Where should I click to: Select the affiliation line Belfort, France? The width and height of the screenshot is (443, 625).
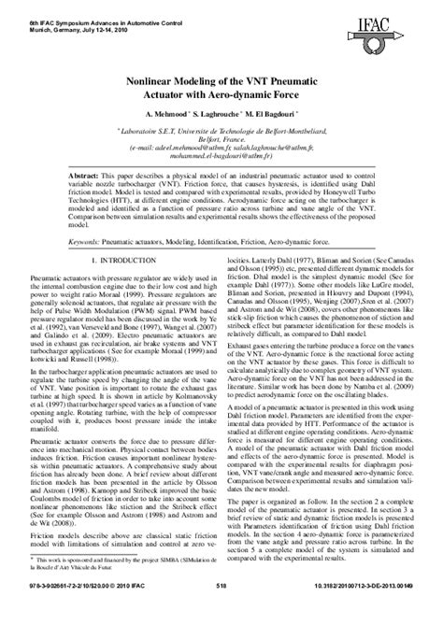click(221, 144)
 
